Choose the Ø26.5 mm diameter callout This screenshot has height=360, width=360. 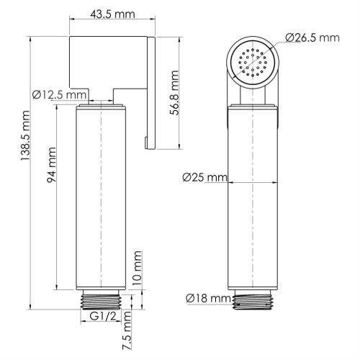(x=311, y=37)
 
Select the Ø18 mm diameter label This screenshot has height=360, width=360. (x=207, y=298)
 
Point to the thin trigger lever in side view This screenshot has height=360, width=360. (x=151, y=94)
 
